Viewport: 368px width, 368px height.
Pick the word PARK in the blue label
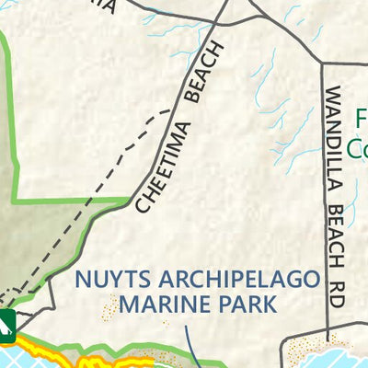[243, 304]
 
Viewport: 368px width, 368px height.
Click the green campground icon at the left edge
[6, 321]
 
